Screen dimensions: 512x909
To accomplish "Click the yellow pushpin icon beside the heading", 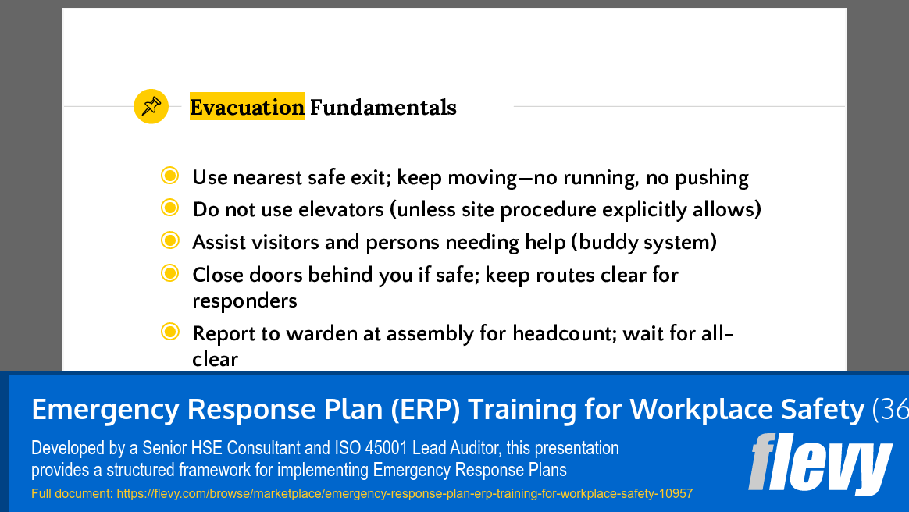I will point(151,106).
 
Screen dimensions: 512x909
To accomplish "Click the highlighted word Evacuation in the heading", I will point(247,107).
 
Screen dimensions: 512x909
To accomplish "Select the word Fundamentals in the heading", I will point(383,107).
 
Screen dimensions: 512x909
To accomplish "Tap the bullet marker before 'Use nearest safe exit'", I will point(169,176).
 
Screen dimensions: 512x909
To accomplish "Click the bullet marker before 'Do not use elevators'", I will point(169,208).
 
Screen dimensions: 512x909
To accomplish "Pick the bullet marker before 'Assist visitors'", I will point(169,240).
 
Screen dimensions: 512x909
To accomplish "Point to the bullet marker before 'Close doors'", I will point(169,273).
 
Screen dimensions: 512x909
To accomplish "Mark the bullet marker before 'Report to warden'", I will point(169,332).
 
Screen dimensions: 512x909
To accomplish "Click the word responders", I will point(244,300).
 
